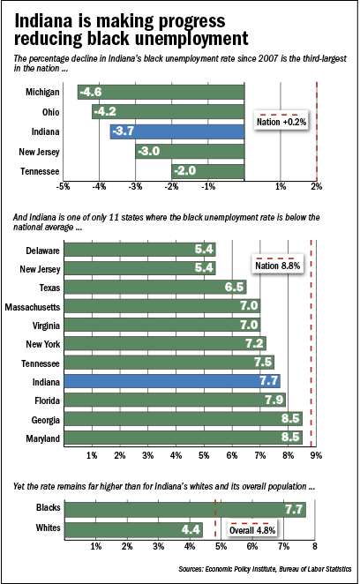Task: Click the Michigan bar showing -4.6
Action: click(x=161, y=92)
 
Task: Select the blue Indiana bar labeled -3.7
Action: click(x=177, y=131)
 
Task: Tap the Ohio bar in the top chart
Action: click(x=169, y=112)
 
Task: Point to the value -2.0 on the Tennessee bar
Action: click(x=184, y=171)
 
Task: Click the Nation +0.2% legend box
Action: click(x=281, y=121)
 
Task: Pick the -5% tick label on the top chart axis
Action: click(x=63, y=186)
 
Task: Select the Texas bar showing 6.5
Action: click(x=155, y=287)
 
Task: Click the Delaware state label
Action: click(x=42, y=251)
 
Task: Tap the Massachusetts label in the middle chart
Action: click(x=33, y=307)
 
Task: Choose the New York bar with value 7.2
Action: click(x=165, y=343)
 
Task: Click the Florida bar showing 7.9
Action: click(x=175, y=400)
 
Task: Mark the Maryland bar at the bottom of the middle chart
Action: click(x=183, y=438)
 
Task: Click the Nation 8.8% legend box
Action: click(x=278, y=265)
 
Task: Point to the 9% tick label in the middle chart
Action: click(x=316, y=455)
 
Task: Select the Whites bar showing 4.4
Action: click(x=134, y=529)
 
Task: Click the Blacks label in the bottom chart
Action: click(x=48, y=507)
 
